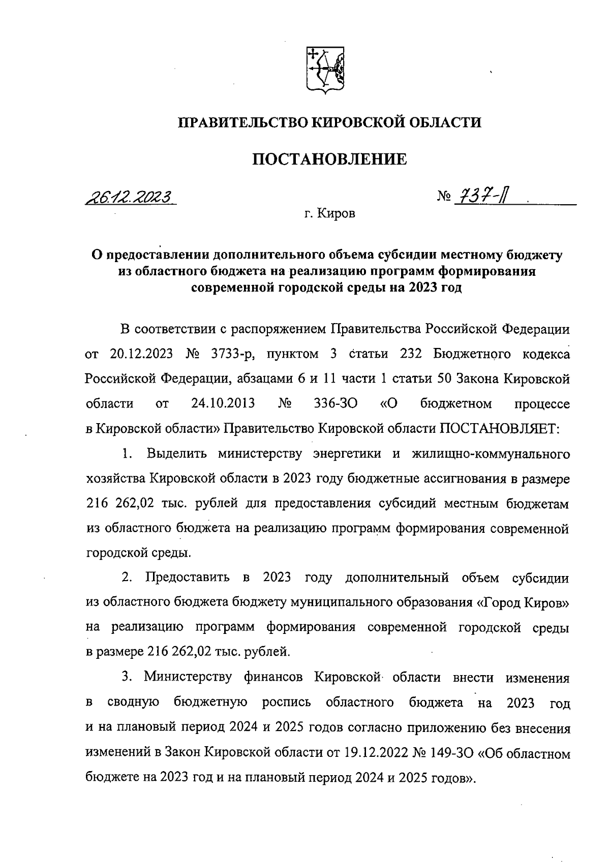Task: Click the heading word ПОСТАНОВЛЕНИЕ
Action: (x=330, y=159)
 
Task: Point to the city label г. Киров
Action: (x=330, y=214)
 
